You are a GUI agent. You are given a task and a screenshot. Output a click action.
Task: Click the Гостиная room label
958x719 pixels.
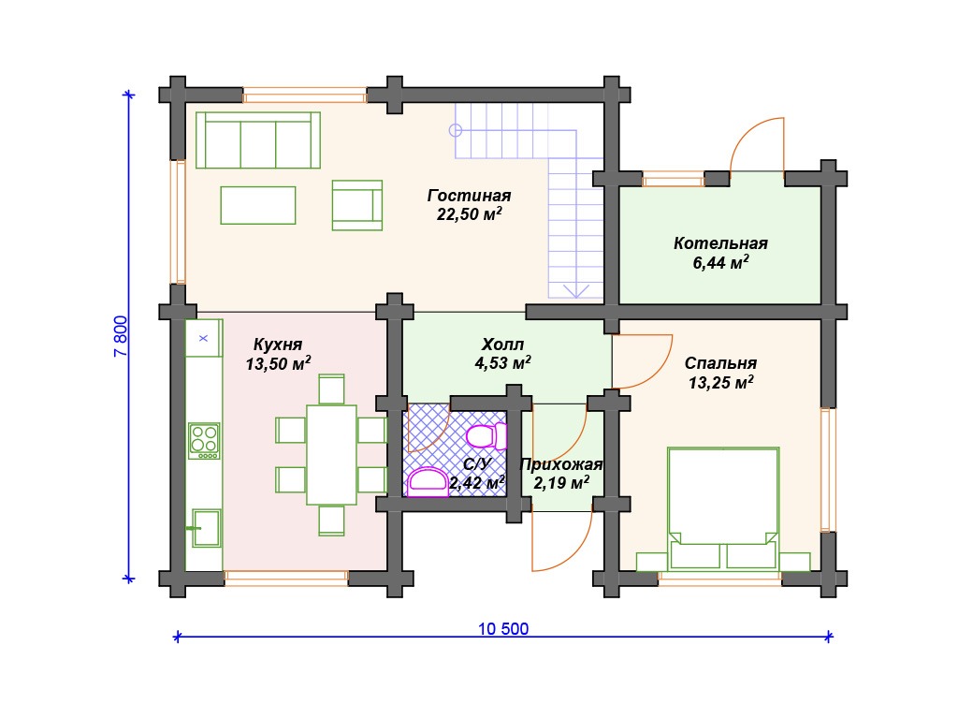click(469, 196)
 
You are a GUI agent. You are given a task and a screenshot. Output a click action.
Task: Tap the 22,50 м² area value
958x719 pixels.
click(469, 214)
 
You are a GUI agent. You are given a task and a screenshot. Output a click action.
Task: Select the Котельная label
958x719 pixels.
click(720, 243)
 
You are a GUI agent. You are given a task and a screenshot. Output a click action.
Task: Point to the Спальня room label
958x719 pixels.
click(720, 363)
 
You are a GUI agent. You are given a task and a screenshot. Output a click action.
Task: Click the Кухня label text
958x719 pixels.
click(277, 345)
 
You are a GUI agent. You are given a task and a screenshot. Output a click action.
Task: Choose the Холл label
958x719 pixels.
click(502, 345)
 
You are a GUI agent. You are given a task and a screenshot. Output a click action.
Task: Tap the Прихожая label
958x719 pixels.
click(560, 464)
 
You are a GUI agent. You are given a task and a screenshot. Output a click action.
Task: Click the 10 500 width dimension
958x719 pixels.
click(502, 628)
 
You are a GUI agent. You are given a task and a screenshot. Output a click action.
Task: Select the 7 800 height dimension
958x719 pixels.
click(121, 336)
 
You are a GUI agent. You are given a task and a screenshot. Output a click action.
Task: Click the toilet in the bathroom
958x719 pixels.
click(486, 436)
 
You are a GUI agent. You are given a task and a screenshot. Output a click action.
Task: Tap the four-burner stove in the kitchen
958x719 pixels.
click(204, 441)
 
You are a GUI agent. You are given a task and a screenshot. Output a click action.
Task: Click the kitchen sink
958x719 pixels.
click(206, 528)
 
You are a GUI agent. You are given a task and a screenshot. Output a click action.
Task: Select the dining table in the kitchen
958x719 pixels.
click(331, 454)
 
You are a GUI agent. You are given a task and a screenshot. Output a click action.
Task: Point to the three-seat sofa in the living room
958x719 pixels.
click(258, 140)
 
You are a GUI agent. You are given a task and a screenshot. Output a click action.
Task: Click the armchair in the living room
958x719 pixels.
click(356, 205)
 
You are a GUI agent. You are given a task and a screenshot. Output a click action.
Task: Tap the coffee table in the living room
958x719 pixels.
click(258, 205)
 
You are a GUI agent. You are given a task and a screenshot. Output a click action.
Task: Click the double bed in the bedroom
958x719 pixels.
click(723, 508)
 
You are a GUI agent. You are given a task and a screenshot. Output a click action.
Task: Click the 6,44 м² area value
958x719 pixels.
click(720, 263)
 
